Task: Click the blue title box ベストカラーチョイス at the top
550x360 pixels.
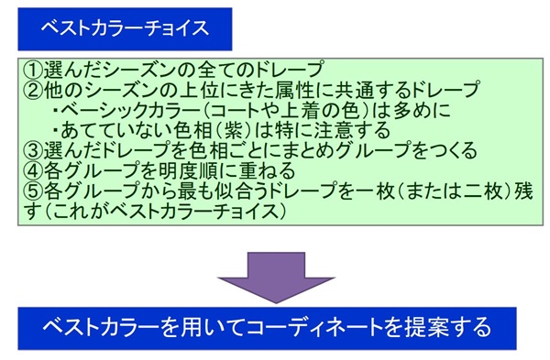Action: tap(123, 28)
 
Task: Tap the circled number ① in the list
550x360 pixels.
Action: tap(30, 70)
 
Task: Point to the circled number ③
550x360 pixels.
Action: tap(30, 148)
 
